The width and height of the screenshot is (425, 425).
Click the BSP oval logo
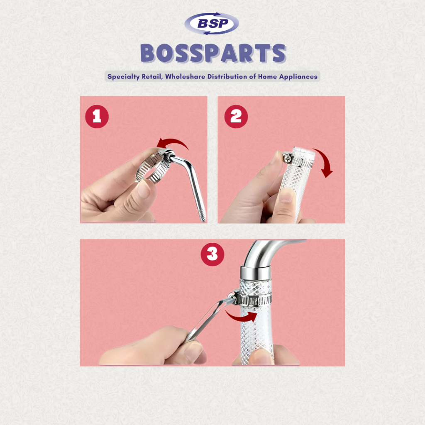click(212, 24)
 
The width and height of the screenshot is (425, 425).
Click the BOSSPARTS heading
click(213, 54)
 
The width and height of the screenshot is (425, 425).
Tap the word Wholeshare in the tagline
click(185, 76)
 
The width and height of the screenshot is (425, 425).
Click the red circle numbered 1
click(97, 117)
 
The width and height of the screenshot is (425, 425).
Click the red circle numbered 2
click(236, 117)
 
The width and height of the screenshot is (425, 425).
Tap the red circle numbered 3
click(212, 254)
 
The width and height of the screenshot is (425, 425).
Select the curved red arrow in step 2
click(326, 160)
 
